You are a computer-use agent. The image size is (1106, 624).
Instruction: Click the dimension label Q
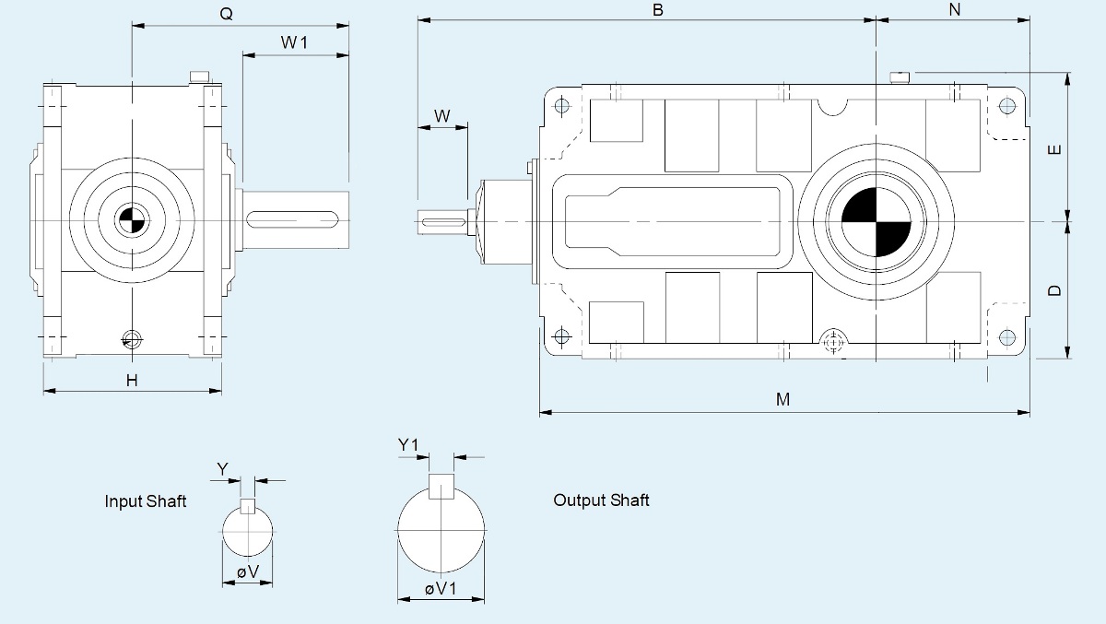226,15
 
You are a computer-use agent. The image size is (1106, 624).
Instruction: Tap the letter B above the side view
658,9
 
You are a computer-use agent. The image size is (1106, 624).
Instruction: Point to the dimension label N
954,9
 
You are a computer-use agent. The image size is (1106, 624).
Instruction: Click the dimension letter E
1055,148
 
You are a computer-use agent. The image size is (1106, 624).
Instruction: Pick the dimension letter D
1055,290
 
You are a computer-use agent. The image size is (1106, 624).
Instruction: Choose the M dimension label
782,399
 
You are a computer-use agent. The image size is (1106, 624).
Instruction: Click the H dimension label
132,380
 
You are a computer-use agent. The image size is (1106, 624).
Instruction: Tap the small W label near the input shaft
442,115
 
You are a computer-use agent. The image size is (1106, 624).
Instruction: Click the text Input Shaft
146,501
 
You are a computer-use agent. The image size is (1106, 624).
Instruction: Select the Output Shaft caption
601,500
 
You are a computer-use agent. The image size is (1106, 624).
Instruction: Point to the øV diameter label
248,572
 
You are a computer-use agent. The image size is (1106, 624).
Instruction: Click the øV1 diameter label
441,589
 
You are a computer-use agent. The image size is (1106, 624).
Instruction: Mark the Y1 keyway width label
409,445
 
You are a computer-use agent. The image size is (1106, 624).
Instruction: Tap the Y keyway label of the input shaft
222,468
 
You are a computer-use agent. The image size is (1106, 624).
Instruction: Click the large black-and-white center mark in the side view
876,221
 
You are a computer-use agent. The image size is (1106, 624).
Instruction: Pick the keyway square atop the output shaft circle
441,486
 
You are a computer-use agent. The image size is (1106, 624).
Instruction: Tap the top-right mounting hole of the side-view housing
1006,106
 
